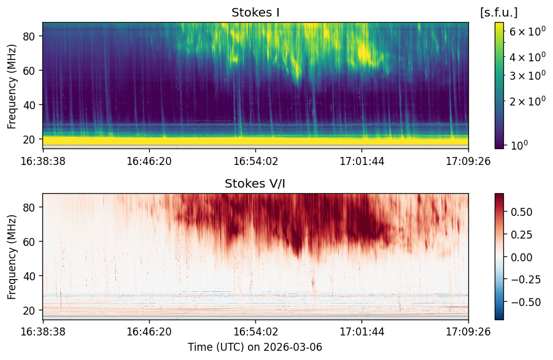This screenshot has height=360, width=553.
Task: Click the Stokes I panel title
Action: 255,13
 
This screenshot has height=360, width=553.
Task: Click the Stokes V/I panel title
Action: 255,183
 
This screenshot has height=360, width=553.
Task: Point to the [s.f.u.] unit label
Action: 499,13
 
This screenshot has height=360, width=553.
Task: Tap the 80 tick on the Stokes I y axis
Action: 29,36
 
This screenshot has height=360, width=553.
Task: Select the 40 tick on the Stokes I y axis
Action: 29,105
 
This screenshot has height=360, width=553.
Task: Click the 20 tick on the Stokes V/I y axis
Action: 29,311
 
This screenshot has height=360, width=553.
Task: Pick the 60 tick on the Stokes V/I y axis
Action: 29,242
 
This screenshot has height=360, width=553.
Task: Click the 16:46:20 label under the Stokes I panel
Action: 149,161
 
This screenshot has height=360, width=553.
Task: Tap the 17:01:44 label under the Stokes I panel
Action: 362,161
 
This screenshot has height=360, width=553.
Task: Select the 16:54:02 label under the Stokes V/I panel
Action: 256,332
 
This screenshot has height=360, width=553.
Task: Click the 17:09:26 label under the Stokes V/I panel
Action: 468,332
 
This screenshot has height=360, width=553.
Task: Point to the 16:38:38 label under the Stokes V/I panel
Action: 43,332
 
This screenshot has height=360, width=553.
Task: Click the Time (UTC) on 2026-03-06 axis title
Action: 255,347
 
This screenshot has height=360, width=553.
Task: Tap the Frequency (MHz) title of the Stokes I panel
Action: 12,86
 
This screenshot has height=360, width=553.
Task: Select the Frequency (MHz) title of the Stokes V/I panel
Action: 12,257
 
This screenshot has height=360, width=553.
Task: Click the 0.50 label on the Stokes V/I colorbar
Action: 522,212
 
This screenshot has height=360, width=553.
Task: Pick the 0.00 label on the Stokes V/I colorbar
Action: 522,258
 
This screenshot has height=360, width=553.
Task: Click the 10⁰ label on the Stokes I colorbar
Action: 519,145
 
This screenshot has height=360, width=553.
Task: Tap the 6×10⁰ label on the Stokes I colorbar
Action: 528,31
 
